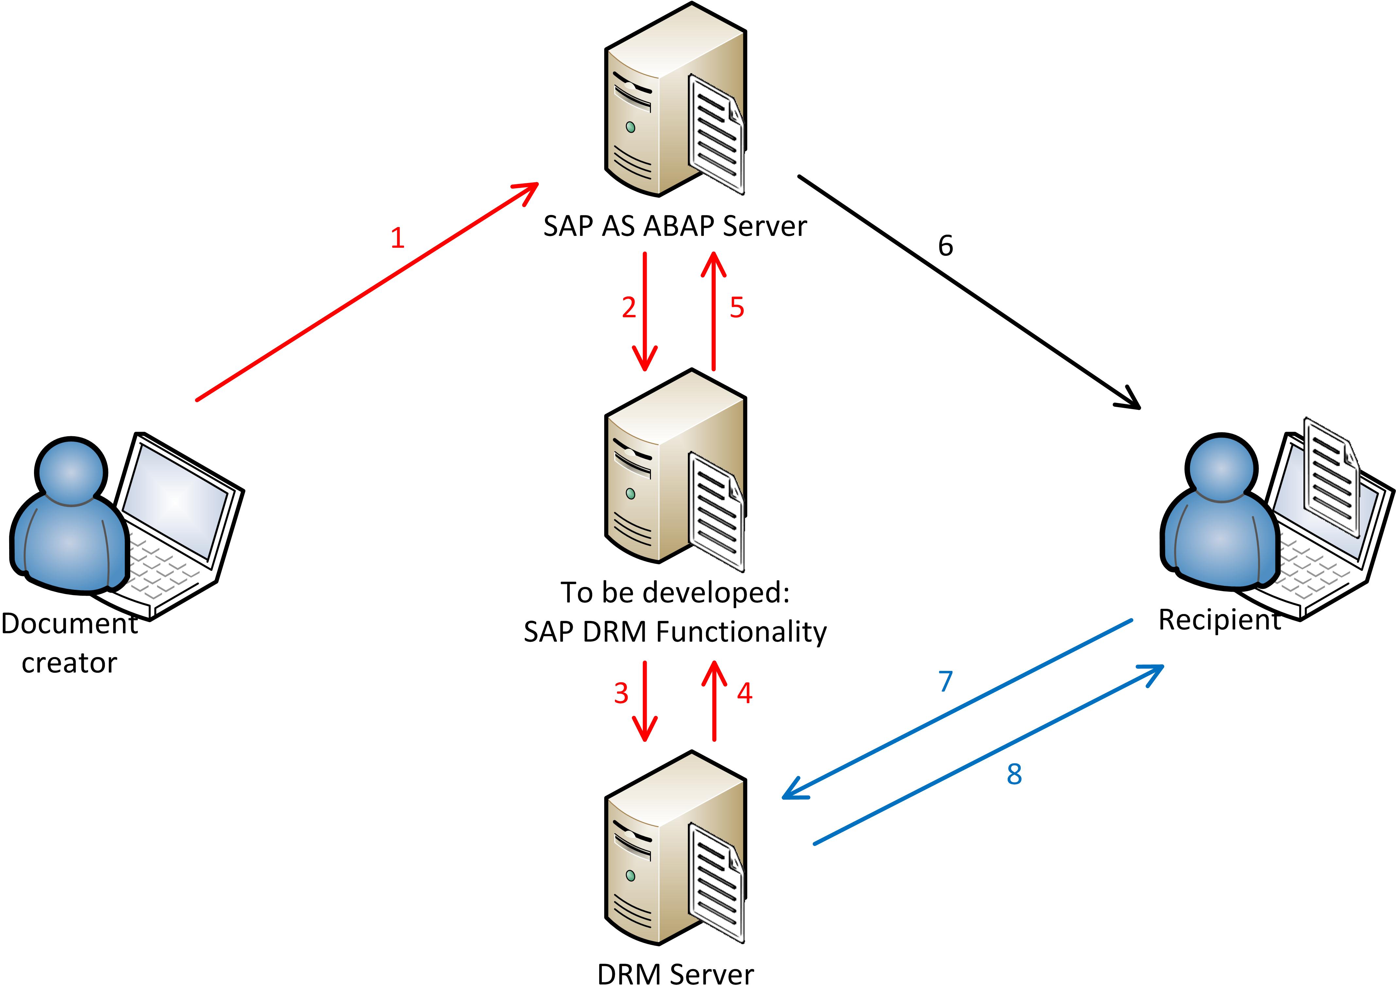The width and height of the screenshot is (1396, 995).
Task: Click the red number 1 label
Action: [x=397, y=238]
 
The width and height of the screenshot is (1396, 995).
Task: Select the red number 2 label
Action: [x=629, y=307]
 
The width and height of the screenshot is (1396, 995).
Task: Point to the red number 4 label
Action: [x=744, y=693]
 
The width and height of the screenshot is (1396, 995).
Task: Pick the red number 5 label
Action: [x=737, y=307]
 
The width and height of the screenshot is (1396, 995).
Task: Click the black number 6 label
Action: [x=945, y=246]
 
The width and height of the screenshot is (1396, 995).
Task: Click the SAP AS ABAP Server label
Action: [x=675, y=226]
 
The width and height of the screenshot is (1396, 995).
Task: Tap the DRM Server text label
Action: [x=675, y=974]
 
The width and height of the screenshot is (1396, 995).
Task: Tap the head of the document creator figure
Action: [x=71, y=472]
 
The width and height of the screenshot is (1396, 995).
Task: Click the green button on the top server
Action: [x=630, y=127]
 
